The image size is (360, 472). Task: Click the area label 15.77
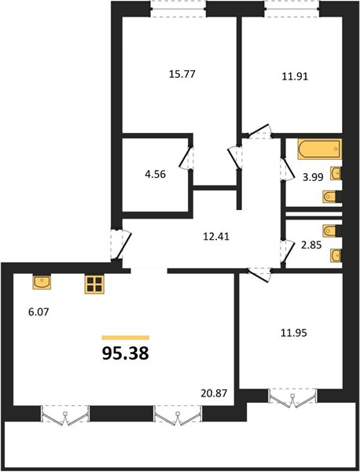pyautogui.click(x=182, y=74)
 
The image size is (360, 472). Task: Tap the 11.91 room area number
pyautogui.click(x=295, y=76)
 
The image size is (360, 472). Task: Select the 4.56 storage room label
pyautogui.click(x=155, y=174)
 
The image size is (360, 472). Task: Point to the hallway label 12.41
pyautogui.click(x=216, y=236)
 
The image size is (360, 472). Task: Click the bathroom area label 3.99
pyautogui.click(x=313, y=177)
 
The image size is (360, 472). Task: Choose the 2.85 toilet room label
pyautogui.click(x=311, y=245)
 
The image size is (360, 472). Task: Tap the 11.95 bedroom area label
pyautogui.click(x=294, y=333)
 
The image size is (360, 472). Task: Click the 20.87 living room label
pyautogui.click(x=214, y=393)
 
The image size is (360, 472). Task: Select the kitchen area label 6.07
pyautogui.click(x=39, y=312)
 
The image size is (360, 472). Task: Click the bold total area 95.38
pyautogui.click(x=126, y=353)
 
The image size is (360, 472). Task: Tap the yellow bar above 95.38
pyautogui.click(x=126, y=337)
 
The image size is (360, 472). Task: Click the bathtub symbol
pyautogui.click(x=320, y=149)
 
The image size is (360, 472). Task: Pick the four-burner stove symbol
pyautogui.click(x=94, y=285)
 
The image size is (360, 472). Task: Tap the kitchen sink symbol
pyautogui.click(x=42, y=282)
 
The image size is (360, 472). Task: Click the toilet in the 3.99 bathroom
pyautogui.click(x=331, y=197)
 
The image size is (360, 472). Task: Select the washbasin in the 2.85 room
pyautogui.click(x=336, y=256)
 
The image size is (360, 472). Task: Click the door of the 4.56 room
pyautogui.click(x=186, y=158)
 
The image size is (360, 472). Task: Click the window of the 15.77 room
pyautogui.click(x=178, y=9)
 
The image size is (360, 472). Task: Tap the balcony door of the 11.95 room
pyautogui.click(x=292, y=396)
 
